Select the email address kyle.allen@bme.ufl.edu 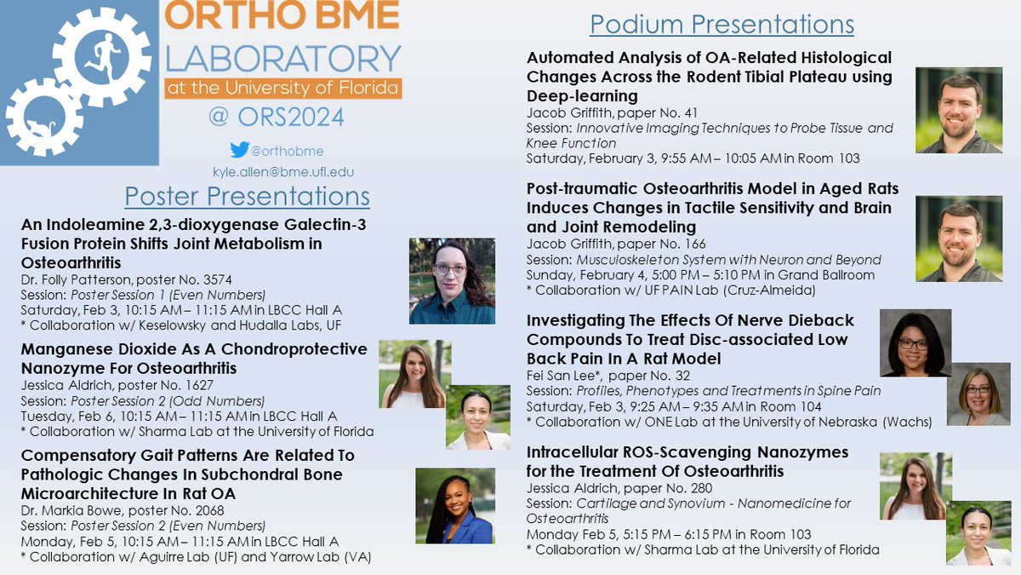(x=282, y=171)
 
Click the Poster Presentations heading (x=247, y=197)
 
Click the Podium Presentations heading (x=722, y=24)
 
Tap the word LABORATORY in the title (x=283, y=59)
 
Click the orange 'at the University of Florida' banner (x=283, y=88)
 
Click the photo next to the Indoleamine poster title (x=451, y=280)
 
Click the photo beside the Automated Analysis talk (x=958, y=112)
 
